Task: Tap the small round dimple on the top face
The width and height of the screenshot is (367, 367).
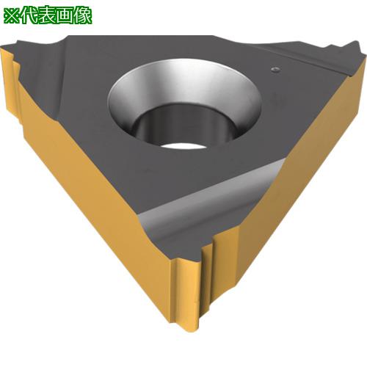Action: (x=275, y=70)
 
